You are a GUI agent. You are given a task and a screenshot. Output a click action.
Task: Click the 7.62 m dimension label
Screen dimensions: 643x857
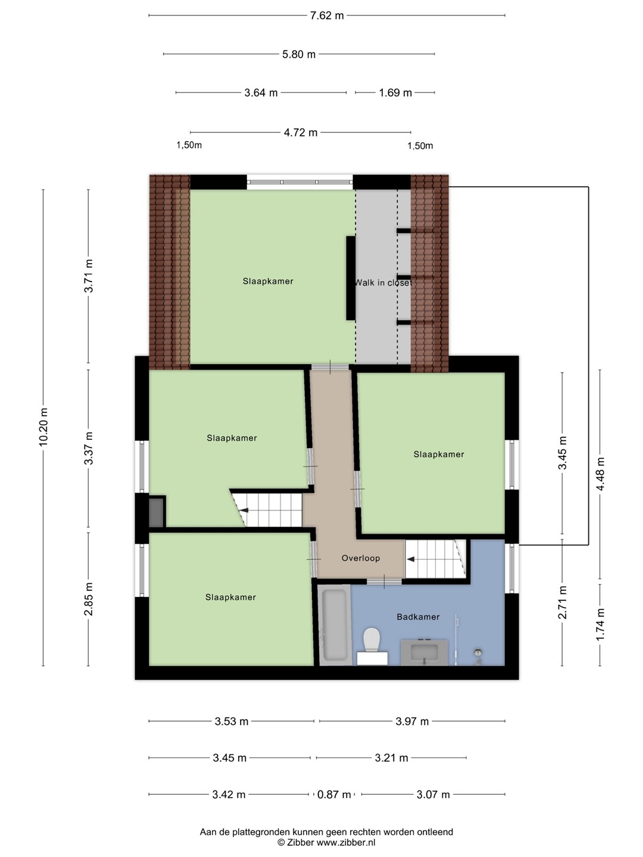point(327,15)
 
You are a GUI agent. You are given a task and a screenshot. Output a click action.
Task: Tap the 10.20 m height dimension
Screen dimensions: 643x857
point(43,427)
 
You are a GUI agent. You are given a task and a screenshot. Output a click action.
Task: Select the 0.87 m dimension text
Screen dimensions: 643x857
point(334,795)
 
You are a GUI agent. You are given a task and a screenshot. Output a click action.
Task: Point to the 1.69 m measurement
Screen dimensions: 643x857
point(395,92)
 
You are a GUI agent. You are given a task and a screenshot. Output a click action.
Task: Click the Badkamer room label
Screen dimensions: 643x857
point(418,617)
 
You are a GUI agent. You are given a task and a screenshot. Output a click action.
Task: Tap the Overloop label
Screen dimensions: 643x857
point(361,558)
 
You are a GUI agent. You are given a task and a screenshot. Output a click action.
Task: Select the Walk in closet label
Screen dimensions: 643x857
point(383,283)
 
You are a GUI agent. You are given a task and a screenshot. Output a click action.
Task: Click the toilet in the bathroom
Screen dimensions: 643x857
point(372,645)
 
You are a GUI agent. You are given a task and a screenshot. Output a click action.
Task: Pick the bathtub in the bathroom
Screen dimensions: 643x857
point(334,625)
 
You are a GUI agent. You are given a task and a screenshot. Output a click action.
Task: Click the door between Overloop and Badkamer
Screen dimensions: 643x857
point(384,581)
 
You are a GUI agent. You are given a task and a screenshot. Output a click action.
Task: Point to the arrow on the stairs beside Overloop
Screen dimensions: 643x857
point(411,559)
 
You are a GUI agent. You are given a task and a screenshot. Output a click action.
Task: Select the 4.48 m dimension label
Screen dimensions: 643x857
point(600,474)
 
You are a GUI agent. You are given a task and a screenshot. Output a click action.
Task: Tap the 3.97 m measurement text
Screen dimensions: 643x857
point(412,721)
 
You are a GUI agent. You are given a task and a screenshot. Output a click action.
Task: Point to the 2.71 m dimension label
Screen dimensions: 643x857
point(562,602)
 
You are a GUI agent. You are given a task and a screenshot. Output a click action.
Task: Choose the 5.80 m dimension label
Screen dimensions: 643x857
point(299,54)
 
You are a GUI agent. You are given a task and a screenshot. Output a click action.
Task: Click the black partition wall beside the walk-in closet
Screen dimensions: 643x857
point(351,278)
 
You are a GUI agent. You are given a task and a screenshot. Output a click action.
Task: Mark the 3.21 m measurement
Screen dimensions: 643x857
point(391,758)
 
